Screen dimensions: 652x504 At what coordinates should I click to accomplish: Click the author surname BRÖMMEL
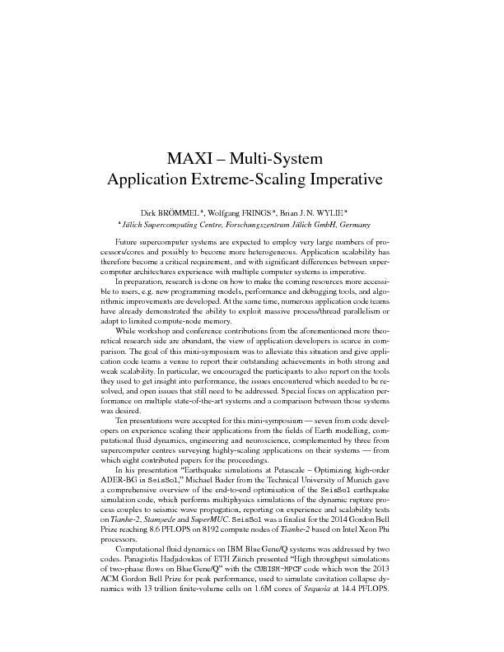pyautogui.click(x=175, y=212)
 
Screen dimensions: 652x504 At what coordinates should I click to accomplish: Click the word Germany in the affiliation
pyautogui.click(x=352, y=225)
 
